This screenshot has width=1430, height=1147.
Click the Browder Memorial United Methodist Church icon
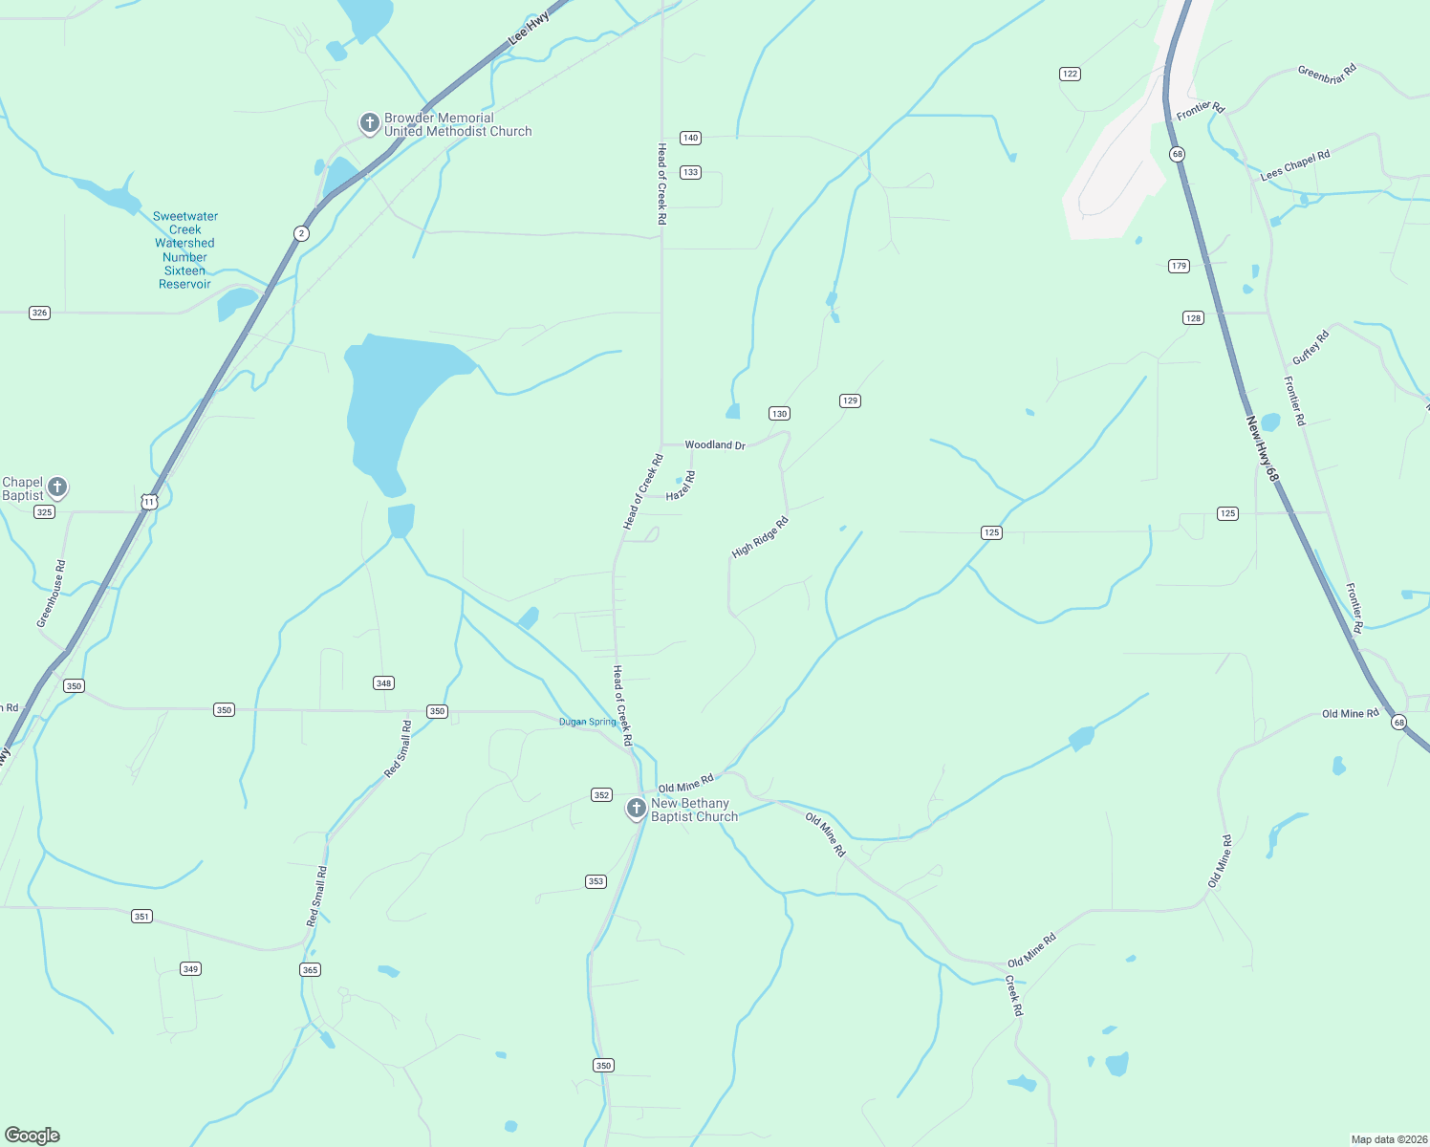(369, 123)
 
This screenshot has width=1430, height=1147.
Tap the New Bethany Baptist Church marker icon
(637, 809)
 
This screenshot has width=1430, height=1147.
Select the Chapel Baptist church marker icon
(57, 487)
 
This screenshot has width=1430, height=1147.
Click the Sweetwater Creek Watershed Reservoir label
(185, 250)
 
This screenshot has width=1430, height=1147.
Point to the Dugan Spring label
(587, 722)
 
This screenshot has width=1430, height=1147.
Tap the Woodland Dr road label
(714, 445)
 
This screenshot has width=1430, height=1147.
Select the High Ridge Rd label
(760, 538)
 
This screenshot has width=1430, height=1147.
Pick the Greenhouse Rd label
(52, 594)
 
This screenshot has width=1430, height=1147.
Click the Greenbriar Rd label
(1327, 74)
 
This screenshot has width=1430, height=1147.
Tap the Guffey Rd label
(1311, 347)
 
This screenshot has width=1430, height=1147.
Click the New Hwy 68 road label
(1262, 448)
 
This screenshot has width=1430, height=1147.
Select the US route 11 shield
(148, 502)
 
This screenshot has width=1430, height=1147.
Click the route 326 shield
(39, 313)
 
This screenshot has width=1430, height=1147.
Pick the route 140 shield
(690, 138)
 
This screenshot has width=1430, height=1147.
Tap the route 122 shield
(1070, 74)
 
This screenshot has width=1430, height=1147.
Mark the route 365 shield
(310, 969)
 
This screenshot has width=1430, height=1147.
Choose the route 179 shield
(1179, 266)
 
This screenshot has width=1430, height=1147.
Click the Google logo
(32, 1136)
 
